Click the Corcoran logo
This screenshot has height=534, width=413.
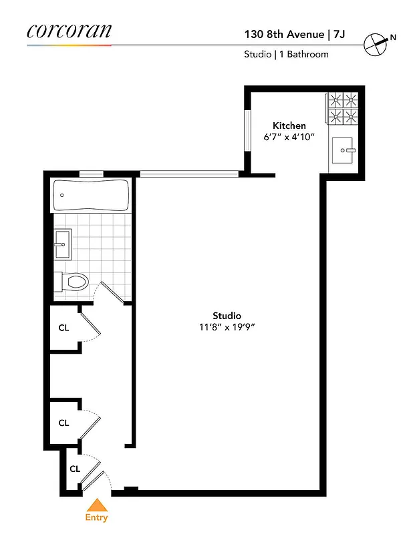click(x=70, y=31)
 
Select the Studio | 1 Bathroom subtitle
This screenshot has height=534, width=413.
click(x=286, y=54)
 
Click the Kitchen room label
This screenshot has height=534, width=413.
click(x=289, y=125)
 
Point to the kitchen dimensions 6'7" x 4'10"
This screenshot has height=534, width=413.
click(x=289, y=137)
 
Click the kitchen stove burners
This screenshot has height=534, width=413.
click(x=341, y=108)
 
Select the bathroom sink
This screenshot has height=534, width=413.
click(x=62, y=244)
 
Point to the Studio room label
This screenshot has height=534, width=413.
click(x=227, y=316)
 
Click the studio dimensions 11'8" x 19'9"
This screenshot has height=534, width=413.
click(x=227, y=327)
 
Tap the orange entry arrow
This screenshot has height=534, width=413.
click(x=97, y=505)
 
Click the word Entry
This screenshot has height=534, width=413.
click(x=96, y=517)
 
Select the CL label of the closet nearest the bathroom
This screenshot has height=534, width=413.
click(x=63, y=328)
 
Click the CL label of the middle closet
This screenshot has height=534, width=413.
click(x=63, y=423)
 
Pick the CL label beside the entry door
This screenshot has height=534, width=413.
click(x=75, y=469)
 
